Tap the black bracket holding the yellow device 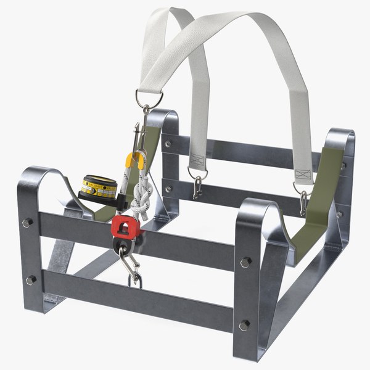[121, 199]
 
